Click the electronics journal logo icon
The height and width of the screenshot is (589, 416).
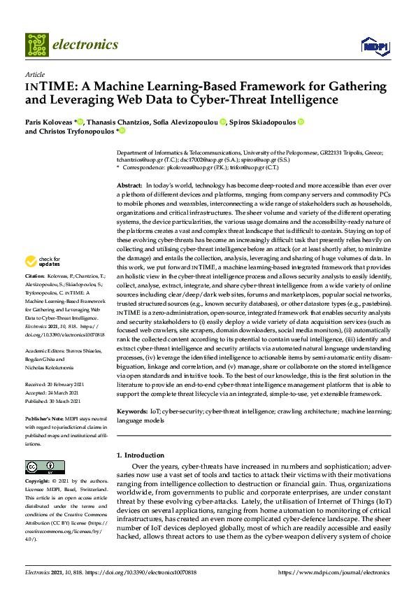(x=38, y=45)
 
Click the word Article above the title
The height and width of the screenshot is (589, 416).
(x=34, y=75)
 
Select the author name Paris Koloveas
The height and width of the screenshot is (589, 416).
(x=48, y=122)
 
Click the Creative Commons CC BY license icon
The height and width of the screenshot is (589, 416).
(x=40, y=467)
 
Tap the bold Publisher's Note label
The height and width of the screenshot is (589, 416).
(x=44, y=418)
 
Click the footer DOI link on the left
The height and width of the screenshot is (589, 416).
(x=138, y=574)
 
